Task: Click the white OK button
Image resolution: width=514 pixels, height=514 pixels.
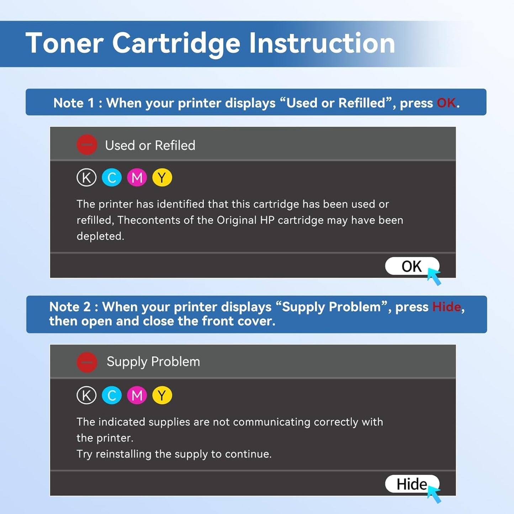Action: [411, 266]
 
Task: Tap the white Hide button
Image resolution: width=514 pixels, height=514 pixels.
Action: [411, 484]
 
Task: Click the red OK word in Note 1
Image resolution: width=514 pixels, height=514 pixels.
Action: [446, 103]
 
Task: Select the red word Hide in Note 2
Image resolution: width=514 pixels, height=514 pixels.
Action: [446, 307]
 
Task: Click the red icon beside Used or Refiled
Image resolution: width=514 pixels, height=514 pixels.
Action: [87, 145]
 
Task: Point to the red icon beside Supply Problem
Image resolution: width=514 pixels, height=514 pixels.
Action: [87, 362]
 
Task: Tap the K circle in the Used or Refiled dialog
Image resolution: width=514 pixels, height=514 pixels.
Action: [86, 177]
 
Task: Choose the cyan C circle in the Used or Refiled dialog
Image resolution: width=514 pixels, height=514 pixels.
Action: [112, 177]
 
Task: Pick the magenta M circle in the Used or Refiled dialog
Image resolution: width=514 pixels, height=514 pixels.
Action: [137, 177]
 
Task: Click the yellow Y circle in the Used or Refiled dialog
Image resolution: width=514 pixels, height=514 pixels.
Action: [162, 177]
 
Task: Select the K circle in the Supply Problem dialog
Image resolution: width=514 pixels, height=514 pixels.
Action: [86, 395]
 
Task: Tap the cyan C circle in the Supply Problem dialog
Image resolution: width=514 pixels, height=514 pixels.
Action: [112, 395]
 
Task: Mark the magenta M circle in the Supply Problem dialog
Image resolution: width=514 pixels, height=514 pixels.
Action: [137, 395]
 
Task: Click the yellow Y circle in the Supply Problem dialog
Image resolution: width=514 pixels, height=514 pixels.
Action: [162, 395]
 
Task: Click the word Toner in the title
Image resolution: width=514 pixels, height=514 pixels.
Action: [64, 43]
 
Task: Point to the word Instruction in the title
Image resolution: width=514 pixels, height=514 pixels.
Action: [322, 43]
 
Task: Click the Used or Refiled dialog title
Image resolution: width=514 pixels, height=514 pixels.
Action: [150, 145]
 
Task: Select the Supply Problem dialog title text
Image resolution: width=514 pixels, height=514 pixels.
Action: [153, 362]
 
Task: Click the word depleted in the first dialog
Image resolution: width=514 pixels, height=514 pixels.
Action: [100, 236]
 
